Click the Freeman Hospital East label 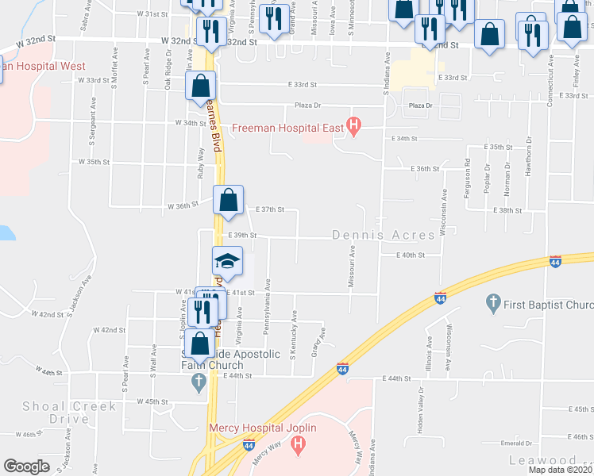[287, 128]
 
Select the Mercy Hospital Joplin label [262, 428]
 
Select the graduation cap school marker [228, 263]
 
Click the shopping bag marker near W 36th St [228, 202]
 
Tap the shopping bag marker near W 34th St [202, 86]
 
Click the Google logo [26, 466]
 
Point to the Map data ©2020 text [560, 470]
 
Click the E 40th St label [412, 255]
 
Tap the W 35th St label [93, 162]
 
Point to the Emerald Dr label [515, 443]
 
